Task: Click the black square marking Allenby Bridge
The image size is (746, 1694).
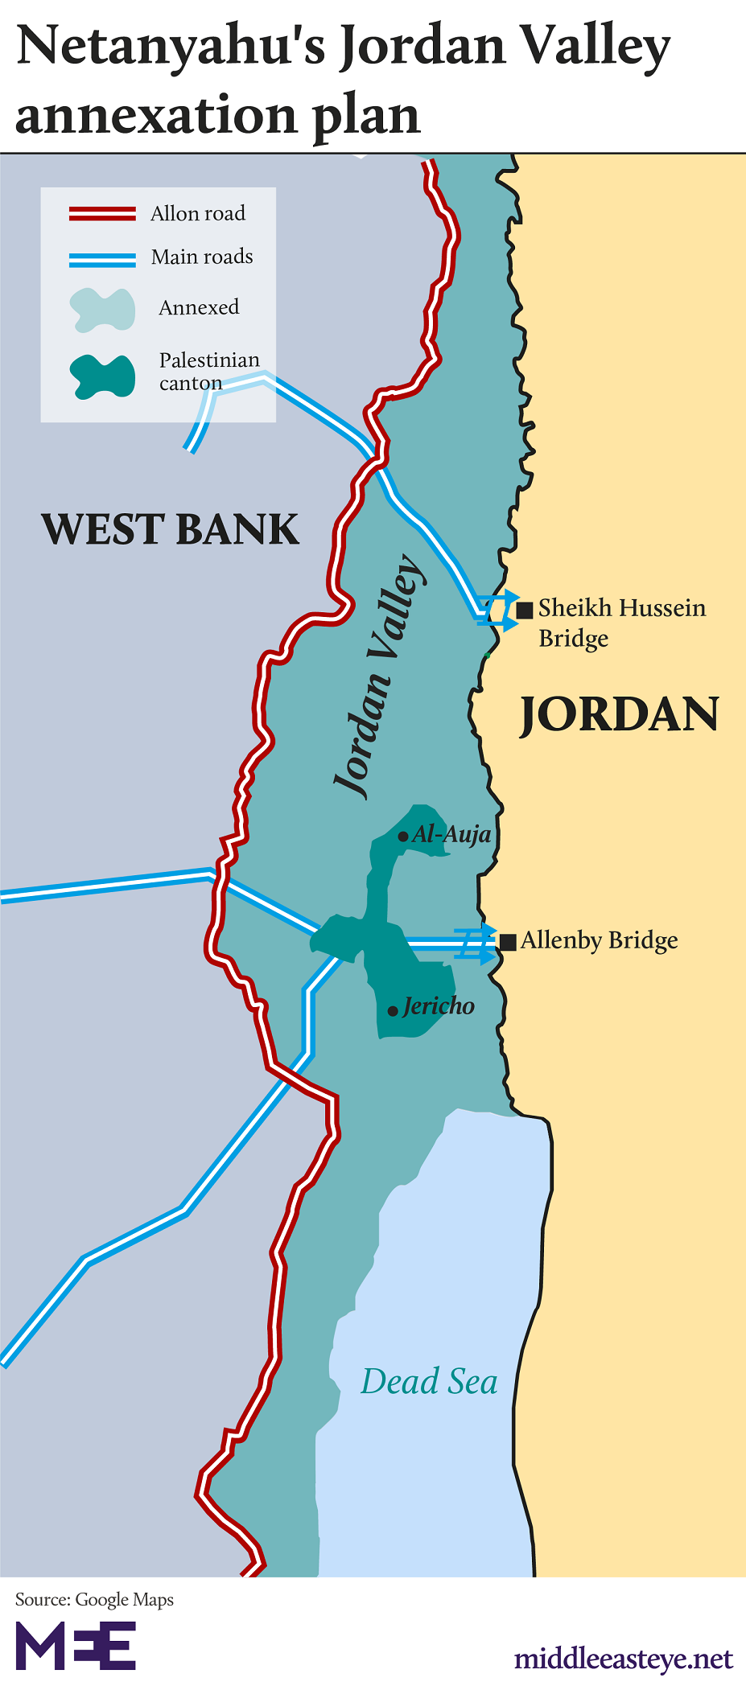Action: coord(508,942)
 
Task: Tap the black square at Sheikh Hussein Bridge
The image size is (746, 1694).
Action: coord(525,610)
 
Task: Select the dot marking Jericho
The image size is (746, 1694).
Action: coord(393,1011)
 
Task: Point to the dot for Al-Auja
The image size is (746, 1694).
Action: coord(403,837)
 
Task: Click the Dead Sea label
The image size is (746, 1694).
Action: coord(429,1381)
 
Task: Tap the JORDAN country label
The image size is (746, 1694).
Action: coord(618,714)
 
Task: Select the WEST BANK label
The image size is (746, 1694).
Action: coord(170,529)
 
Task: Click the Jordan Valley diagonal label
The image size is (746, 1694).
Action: coord(379,676)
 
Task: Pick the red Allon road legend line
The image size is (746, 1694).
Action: coord(102,213)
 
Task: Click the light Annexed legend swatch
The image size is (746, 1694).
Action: coord(102,310)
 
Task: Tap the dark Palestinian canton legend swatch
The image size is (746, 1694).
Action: coord(102,376)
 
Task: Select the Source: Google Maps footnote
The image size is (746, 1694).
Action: coord(94,1599)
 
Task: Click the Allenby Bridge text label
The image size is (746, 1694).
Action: coord(599,940)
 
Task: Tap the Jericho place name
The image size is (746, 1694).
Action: coord(439,1006)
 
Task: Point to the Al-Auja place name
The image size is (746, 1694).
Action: coord(451,835)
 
